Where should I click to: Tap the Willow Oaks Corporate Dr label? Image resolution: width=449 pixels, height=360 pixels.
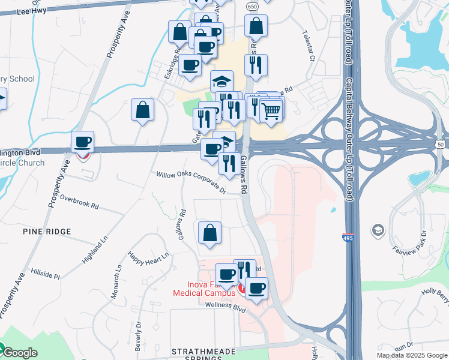190,182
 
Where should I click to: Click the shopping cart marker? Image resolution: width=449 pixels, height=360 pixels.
271,110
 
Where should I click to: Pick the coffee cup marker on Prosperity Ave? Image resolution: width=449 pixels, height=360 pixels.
83,142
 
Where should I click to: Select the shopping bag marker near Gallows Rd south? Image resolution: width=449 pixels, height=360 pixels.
209,233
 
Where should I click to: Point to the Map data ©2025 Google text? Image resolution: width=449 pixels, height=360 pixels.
412,355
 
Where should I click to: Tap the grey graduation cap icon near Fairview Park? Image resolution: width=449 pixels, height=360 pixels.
378,230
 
